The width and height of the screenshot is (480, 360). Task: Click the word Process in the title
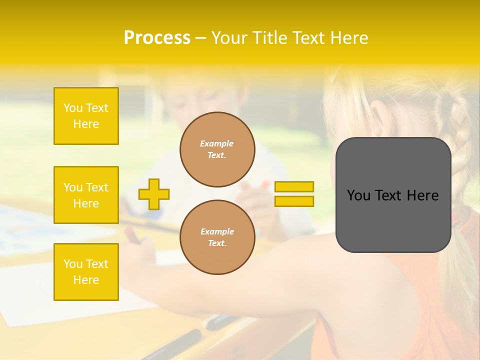click(157, 38)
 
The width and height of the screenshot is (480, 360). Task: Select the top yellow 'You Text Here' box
click(86, 116)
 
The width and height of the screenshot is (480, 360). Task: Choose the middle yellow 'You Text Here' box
click(86, 195)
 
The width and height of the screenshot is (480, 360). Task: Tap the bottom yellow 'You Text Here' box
click(86, 272)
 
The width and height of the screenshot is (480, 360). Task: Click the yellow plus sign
click(154, 194)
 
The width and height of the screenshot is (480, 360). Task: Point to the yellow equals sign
click(294, 194)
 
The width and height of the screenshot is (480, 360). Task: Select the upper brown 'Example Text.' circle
click(217, 149)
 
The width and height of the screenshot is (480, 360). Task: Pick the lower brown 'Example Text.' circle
click(217, 237)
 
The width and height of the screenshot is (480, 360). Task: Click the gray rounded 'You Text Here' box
click(393, 195)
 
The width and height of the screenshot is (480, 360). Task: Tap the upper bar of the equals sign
click(294, 187)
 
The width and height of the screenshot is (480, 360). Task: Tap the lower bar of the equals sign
click(294, 201)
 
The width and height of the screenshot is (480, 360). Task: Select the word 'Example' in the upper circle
click(217, 144)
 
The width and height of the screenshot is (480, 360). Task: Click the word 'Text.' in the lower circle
click(217, 243)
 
